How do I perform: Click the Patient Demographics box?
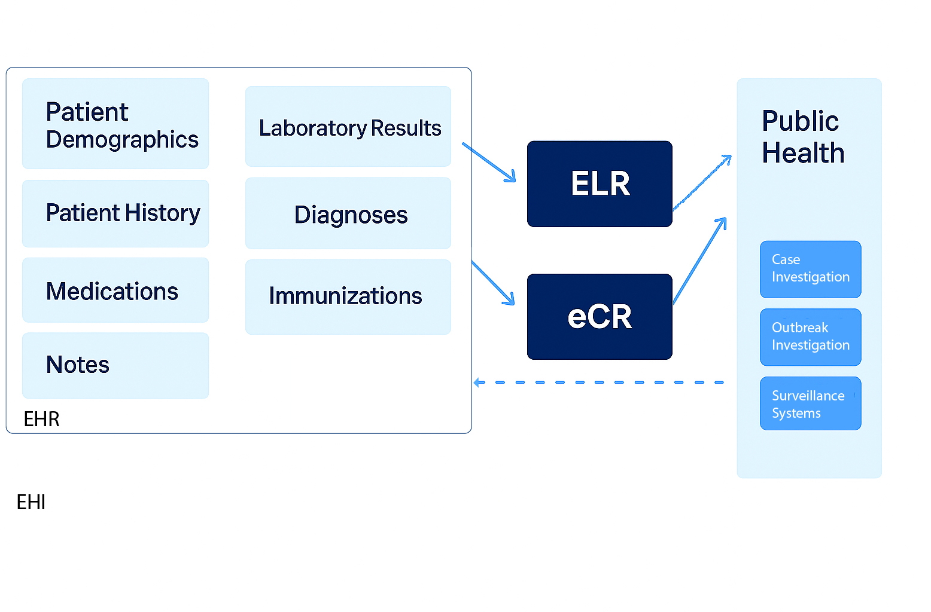tap(115, 124)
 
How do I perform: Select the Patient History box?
tap(115, 213)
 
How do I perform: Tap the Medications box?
tap(115, 290)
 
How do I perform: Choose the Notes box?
tap(115, 365)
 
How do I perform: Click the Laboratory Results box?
tap(348, 127)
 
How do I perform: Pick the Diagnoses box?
tap(348, 213)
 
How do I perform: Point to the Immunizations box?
tap(348, 296)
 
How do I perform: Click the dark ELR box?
tap(600, 184)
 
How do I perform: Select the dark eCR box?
tap(600, 317)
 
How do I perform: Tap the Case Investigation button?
tap(810, 269)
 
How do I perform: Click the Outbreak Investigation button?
tap(810, 337)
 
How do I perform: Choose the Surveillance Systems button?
tap(810, 403)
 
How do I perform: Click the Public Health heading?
tap(802, 137)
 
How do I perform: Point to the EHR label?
tap(41, 419)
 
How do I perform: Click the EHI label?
tap(31, 502)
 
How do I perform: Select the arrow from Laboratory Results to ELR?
tap(489, 162)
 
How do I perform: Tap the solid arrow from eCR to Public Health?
tap(699, 261)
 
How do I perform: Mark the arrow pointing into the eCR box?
tap(493, 283)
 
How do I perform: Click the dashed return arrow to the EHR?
tap(598, 382)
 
